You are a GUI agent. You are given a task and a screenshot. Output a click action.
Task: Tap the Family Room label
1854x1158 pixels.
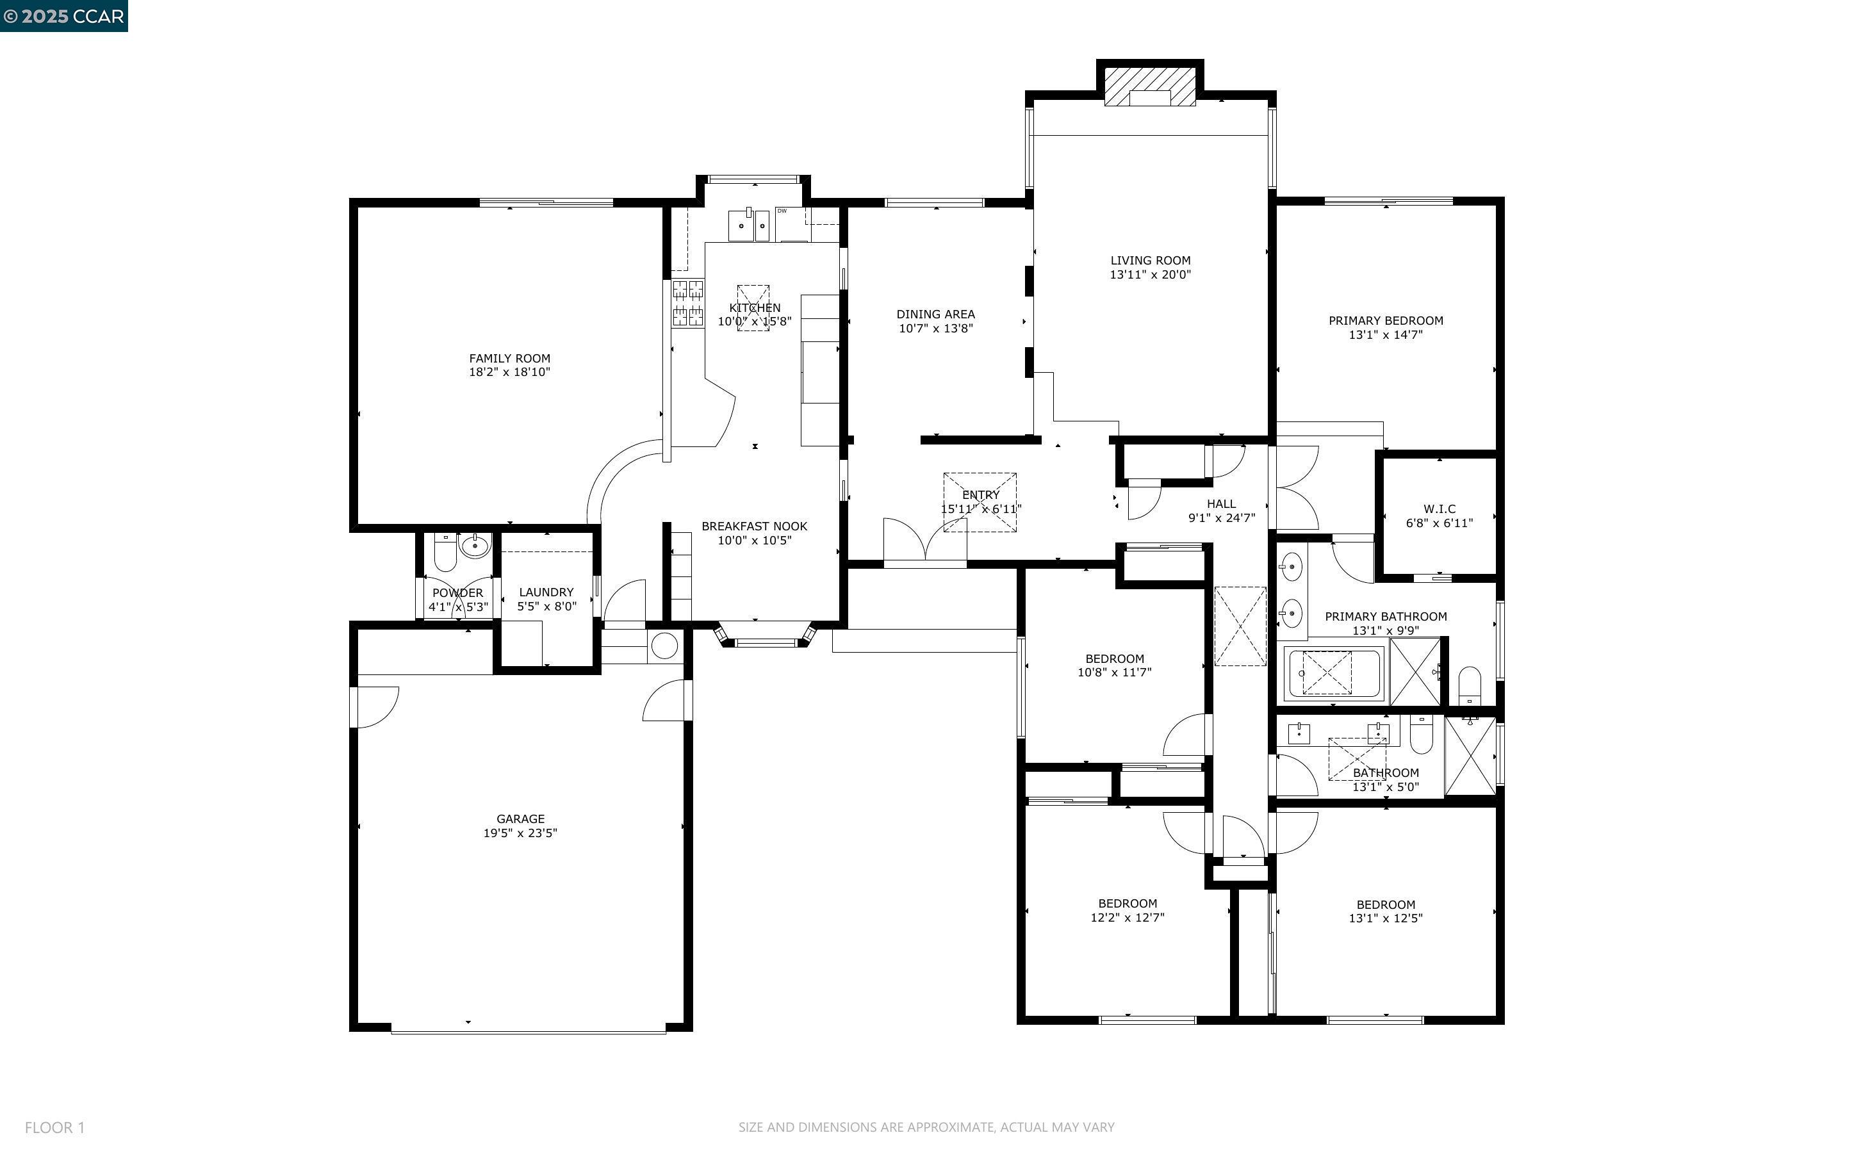pos(509,357)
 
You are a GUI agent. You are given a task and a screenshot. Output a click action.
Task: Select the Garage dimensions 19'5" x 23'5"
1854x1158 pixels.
pos(520,833)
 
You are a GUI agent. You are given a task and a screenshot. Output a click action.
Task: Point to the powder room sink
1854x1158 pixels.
pos(475,546)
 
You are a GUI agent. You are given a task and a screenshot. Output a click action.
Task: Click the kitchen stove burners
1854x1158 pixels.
pos(687,304)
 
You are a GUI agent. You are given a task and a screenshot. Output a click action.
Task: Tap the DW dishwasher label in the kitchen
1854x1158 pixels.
pos(782,211)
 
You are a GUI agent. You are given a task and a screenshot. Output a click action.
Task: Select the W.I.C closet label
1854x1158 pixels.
pos(1439,509)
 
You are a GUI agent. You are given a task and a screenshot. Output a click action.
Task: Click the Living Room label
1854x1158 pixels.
pos(1150,261)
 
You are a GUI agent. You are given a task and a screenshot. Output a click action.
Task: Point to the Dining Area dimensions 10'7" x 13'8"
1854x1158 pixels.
pos(936,329)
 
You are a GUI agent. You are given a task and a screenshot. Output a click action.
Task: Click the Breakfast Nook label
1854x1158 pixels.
pos(754,526)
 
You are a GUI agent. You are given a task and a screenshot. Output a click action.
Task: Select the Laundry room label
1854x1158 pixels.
pos(546,592)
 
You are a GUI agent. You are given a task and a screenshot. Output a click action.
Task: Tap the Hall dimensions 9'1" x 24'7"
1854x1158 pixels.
pos(1222,518)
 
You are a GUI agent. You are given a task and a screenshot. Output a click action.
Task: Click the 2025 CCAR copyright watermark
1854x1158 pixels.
pos(63,16)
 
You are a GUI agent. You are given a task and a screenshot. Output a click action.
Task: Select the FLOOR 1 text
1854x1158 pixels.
pos(54,1127)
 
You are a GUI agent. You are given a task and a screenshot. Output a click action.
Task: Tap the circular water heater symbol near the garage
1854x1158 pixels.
pos(664,646)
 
